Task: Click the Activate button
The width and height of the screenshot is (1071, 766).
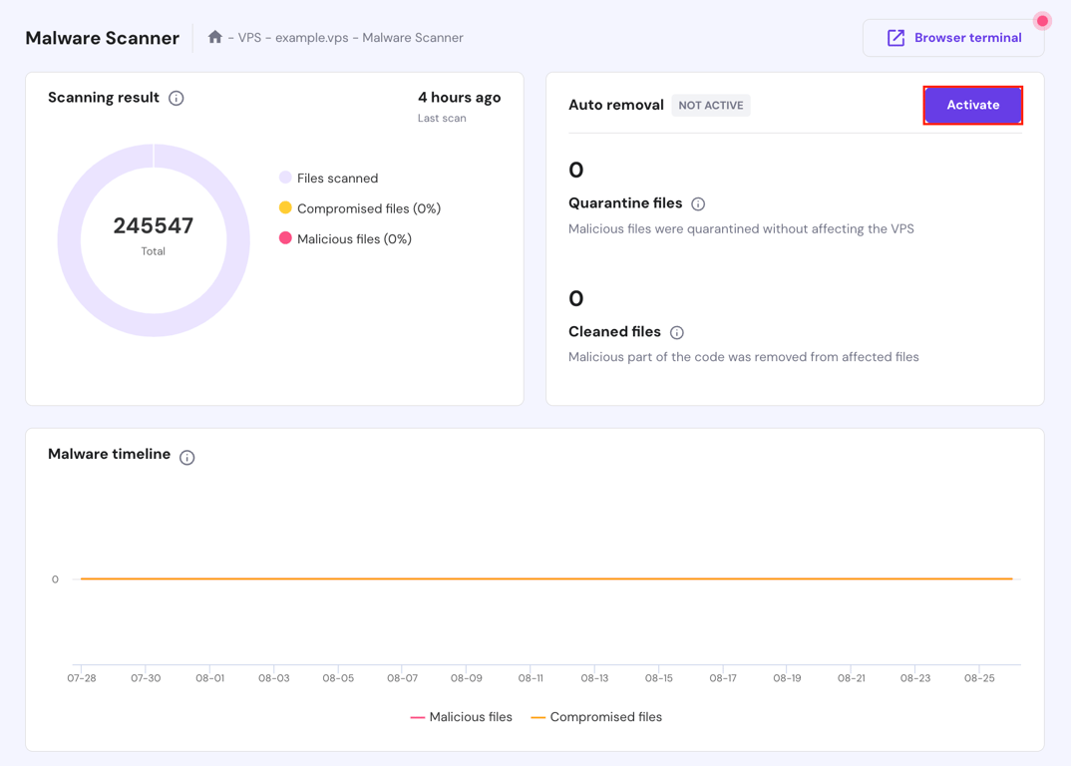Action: pyautogui.click(x=972, y=105)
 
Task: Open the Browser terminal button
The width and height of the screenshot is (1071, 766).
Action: pyautogui.click(x=953, y=38)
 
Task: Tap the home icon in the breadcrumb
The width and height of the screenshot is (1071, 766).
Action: pyautogui.click(x=214, y=37)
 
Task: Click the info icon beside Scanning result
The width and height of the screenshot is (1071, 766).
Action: pyautogui.click(x=177, y=98)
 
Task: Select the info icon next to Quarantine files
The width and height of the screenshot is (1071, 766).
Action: pyautogui.click(x=698, y=204)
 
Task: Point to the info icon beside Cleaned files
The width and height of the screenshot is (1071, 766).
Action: pyautogui.click(x=677, y=332)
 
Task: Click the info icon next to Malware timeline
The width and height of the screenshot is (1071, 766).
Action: pyautogui.click(x=187, y=457)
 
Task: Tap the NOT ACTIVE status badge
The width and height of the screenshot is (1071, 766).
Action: pyautogui.click(x=711, y=105)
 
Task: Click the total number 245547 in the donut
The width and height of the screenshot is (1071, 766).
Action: pyautogui.click(x=154, y=225)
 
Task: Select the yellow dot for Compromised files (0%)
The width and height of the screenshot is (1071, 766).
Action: pyautogui.click(x=285, y=207)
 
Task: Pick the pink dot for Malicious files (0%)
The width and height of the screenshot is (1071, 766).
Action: pyautogui.click(x=285, y=238)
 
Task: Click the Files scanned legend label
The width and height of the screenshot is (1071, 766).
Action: pyautogui.click(x=337, y=179)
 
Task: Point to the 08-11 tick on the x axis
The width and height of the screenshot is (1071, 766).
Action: pyautogui.click(x=531, y=678)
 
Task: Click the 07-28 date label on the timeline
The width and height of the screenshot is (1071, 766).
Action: pyautogui.click(x=82, y=678)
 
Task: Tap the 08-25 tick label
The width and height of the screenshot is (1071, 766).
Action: pyautogui.click(x=979, y=678)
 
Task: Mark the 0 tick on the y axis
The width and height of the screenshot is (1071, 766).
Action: pyautogui.click(x=55, y=579)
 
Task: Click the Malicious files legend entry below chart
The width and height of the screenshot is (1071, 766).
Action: pyautogui.click(x=461, y=717)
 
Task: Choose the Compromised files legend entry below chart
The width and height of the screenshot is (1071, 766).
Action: pyautogui.click(x=596, y=717)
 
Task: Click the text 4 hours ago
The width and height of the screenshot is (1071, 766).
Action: pyautogui.click(x=459, y=98)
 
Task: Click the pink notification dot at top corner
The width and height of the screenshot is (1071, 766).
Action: pyautogui.click(x=1042, y=21)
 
